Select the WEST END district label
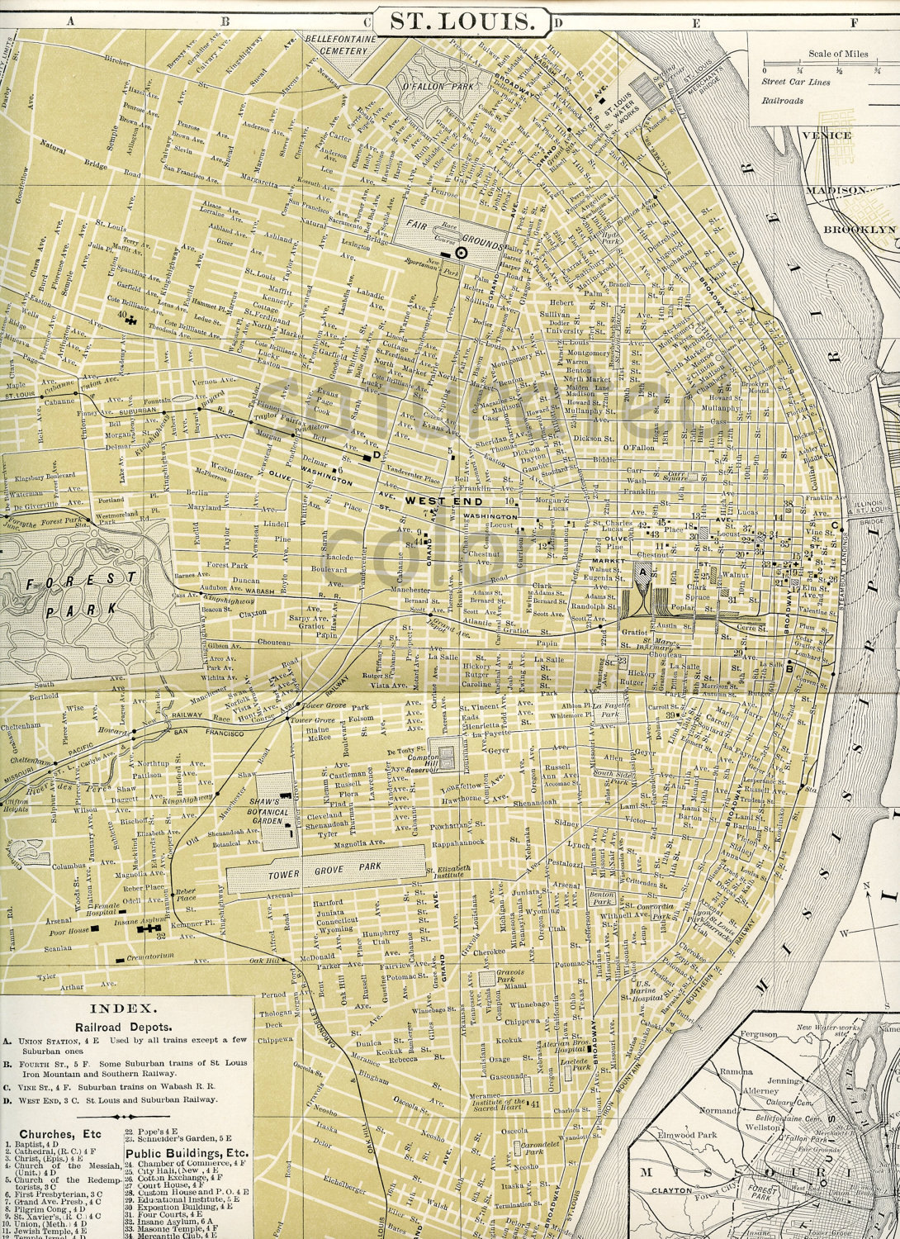pos(438,501)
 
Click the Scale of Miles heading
pos(838,54)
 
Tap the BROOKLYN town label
pos(860,229)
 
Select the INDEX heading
pos(121,1009)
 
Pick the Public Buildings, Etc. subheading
pos(187,1152)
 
